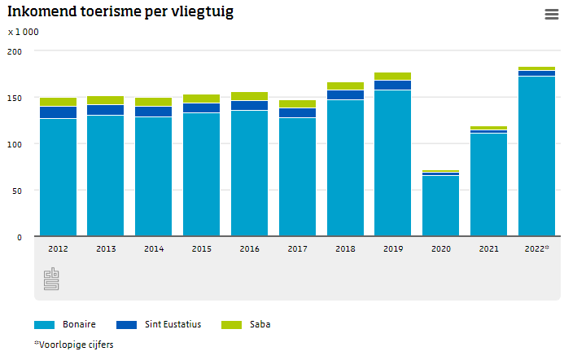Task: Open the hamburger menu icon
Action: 551,14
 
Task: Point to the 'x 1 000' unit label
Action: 24,32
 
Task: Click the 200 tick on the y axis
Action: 15,51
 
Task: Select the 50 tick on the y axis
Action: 18,191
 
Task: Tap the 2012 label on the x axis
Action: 58,248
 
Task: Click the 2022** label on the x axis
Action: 537,248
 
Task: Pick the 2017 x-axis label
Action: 297,248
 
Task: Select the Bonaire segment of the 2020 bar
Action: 441,206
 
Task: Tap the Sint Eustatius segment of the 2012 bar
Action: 58,112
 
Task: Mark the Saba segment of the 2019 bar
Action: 393,77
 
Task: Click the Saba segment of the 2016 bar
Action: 249,96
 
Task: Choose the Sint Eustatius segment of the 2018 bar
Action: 345,94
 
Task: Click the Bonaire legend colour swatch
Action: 44,324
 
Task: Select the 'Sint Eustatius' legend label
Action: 172,324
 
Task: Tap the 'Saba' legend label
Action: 260,324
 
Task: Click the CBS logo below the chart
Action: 51,280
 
